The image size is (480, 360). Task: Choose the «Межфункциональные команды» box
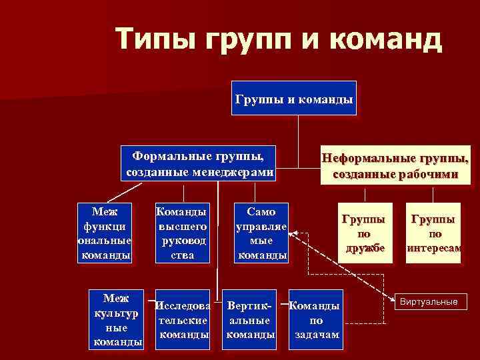pos(105,233)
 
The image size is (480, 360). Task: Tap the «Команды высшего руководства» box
pos(181,233)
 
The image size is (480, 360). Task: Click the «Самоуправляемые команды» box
pos(262,233)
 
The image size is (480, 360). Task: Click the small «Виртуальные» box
pos(429,302)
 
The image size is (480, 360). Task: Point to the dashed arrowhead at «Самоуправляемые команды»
pos(293,234)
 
